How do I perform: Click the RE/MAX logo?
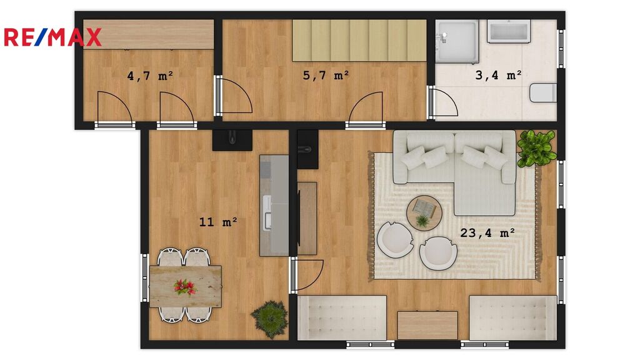52,37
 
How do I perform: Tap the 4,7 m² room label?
150,76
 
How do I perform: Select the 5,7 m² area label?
326,75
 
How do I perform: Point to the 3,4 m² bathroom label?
498,75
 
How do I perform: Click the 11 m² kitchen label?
218,222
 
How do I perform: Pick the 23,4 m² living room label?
487,232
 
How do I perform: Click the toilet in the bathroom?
543,92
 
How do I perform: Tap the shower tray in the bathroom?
456,42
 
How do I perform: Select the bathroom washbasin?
509,31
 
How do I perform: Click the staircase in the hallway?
359,41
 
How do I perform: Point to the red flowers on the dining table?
185,287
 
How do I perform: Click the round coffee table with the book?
424,213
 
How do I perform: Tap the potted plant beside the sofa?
536,149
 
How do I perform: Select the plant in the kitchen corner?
269,319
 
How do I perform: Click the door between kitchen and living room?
307,275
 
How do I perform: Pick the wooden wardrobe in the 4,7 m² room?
149,34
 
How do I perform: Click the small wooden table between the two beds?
427,325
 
